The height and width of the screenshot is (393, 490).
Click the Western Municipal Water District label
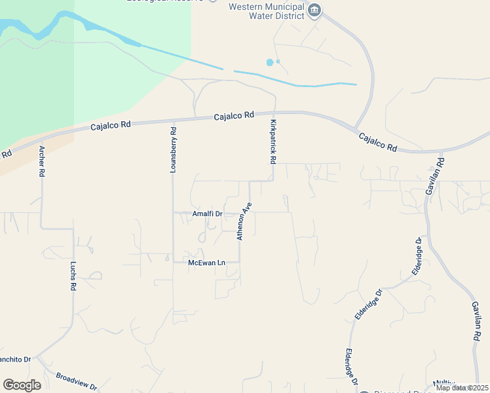tap(266, 11)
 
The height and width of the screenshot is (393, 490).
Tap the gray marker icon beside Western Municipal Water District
tap(314, 10)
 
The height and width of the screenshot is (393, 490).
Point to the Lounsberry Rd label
tap(173, 149)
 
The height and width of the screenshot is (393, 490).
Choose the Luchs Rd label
tap(73, 276)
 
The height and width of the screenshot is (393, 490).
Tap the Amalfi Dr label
tap(208, 214)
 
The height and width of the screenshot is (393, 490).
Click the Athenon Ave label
tap(244, 221)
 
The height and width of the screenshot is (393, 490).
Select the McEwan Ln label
tap(206, 263)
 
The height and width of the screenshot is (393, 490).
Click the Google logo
tap(22, 385)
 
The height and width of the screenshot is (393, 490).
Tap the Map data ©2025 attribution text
tap(462, 388)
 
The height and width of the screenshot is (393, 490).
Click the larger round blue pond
tap(270, 62)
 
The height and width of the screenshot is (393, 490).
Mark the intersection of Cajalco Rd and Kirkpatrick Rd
tap(274, 113)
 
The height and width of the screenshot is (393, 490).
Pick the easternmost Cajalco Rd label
tap(377, 142)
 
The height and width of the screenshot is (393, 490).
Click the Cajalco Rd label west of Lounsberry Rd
tap(111, 124)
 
